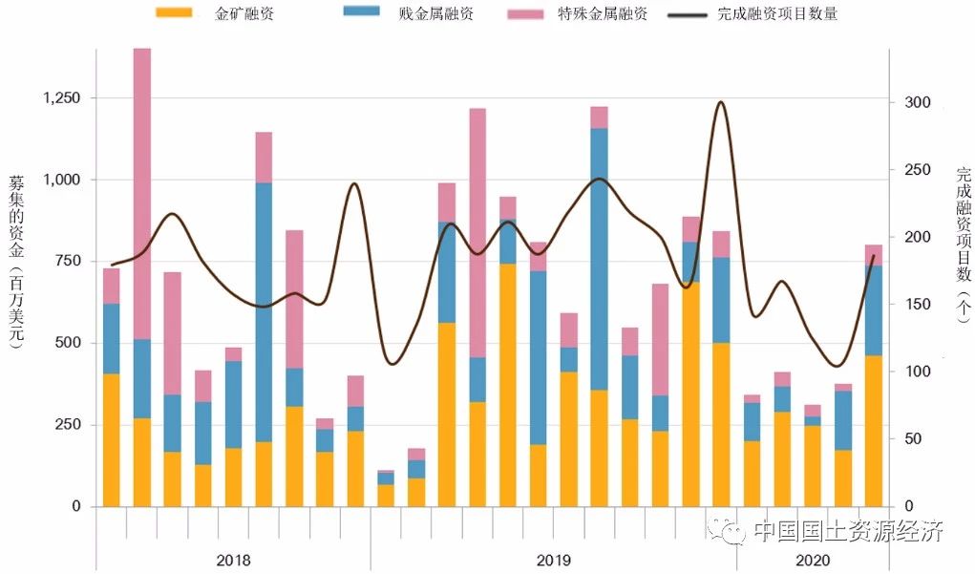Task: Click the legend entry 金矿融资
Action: (244, 14)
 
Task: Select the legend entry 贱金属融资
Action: (435, 14)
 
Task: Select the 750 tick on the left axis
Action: (66, 262)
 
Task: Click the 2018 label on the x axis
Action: (234, 560)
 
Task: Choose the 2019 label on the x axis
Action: (553, 560)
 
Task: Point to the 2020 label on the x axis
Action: (813, 560)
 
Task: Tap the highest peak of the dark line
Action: (720, 102)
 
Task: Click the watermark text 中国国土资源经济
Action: (848, 532)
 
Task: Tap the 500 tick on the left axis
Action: (66, 343)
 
